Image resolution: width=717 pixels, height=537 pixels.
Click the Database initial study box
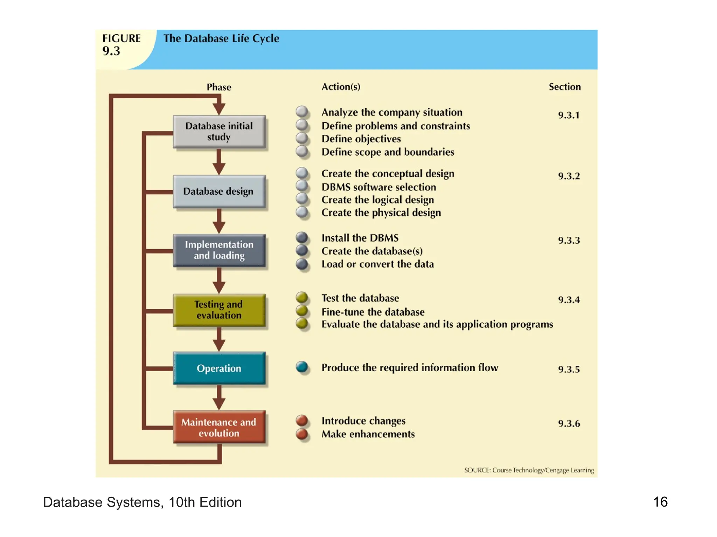point(219,131)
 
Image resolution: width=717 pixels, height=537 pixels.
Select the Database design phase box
point(219,191)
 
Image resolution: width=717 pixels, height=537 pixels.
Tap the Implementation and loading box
point(219,250)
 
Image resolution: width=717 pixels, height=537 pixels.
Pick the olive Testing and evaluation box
point(219,310)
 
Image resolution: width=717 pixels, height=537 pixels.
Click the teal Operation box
point(219,368)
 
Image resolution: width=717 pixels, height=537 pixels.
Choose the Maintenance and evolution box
point(219,427)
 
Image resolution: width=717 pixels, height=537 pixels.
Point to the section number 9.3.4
point(569,300)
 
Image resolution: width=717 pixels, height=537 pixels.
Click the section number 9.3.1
point(569,115)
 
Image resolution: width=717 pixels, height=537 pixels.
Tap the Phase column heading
point(219,87)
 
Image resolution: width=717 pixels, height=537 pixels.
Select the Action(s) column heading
point(341,87)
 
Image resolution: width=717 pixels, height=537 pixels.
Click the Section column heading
point(564,87)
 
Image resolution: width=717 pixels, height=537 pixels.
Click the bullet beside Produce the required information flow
point(302,367)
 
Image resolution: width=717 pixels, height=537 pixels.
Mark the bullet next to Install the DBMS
point(302,238)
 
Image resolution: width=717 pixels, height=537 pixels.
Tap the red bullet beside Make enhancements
point(302,434)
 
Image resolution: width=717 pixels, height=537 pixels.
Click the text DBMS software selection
point(378,187)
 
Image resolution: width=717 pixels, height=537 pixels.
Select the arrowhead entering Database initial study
point(219,109)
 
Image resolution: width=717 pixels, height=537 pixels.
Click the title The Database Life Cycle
point(221,38)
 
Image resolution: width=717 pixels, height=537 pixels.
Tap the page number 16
point(660,502)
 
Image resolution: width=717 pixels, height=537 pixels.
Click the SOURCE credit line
point(529,470)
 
